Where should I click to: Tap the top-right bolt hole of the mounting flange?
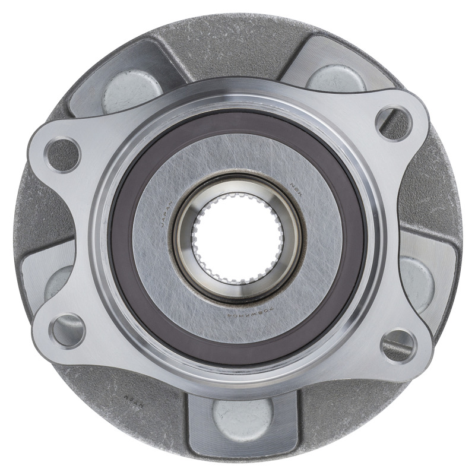click(394, 122)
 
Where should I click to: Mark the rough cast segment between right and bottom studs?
click(356, 410)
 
